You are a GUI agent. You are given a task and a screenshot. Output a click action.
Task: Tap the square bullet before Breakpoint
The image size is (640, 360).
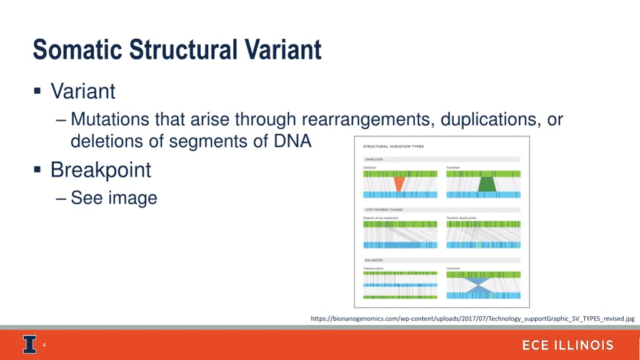pyautogui.click(x=38, y=169)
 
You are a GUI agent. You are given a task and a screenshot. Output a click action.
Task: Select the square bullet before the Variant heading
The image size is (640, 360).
pyautogui.click(x=38, y=91)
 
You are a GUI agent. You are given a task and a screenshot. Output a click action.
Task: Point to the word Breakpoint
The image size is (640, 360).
pyautogui.click(x=101, y=170)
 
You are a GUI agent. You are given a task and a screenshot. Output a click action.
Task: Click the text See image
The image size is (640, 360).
pyautogui.click(x=114, y=198)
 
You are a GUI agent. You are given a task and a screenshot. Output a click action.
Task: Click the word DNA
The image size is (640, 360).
pyautogui.click(x=292, y=141)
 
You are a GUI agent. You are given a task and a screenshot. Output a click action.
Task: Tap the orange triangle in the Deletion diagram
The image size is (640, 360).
pyautogui.click(x=398, y=184)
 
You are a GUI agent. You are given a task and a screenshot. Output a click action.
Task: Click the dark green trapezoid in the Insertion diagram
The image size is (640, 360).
pyautogui.click(x=486, y=184)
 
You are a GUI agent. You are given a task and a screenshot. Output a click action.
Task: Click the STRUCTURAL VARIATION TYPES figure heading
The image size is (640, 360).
pyautogui.click(x=393, y=146)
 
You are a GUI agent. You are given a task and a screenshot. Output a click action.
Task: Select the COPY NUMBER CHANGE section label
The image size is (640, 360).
pyautogui.click(x=384, y=209)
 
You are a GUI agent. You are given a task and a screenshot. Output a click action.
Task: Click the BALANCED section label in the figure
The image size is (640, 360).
pyautogui.click(x=374, y=260)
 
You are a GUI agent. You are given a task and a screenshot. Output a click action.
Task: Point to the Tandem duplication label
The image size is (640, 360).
pyautogui.click(x=461, y=218)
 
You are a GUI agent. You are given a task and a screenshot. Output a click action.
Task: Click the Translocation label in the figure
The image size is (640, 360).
pyautogui.click(x=373, y=268)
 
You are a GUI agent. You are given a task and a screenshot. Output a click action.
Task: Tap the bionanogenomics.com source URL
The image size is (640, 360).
pyautogui.click(x=472, y=319)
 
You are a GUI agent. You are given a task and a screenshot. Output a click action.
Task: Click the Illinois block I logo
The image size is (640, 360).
pyautogui.click(x=29, y=345)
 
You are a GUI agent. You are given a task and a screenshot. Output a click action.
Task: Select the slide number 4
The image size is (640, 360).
pyautogui.click(x=44, y=345)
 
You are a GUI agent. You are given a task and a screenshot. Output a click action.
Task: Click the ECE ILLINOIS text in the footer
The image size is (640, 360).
pyautogui.click(x=567, y=346)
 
